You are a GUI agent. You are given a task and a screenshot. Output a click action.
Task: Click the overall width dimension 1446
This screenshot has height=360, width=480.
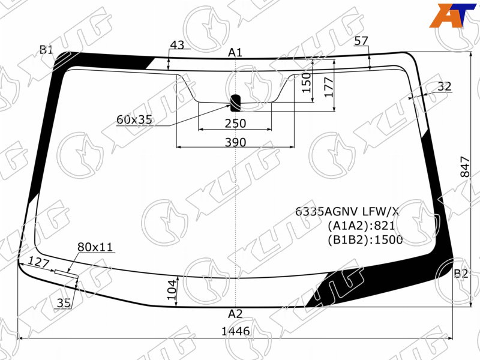pos(235,331)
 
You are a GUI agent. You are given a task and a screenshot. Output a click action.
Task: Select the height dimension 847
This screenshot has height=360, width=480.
pos(464,167)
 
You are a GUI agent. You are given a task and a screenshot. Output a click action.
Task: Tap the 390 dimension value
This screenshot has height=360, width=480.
pos(235,142)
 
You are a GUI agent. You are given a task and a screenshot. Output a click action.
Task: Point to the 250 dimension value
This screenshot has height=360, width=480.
pos(235,124)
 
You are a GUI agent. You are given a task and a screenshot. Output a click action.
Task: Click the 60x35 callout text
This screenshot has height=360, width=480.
pos(134,119)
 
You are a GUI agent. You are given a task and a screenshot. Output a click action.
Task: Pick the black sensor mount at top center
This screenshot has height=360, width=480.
pos(235,103)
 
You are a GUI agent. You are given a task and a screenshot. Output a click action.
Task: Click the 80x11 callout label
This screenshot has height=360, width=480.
pos(95,247)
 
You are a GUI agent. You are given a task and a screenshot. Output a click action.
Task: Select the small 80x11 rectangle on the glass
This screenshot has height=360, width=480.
pos(67,274)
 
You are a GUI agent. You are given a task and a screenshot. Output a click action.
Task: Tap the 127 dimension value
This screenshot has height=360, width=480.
pos(38,263)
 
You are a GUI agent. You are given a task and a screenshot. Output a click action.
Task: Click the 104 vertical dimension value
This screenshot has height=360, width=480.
pos(172,290)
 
